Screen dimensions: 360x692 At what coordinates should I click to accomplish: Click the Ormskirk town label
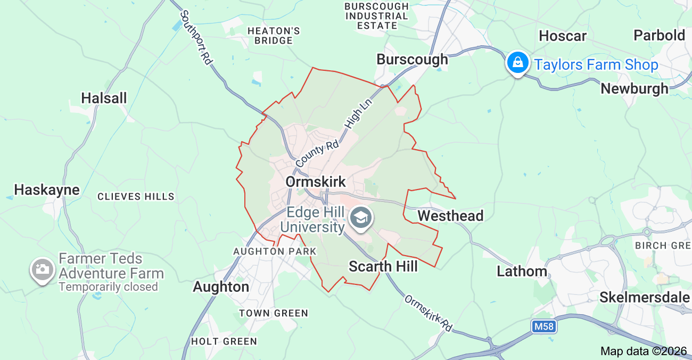pyautogui.click(x=316, y=182)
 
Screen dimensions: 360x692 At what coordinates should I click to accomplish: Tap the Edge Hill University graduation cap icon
pyautogui.click(x=362, y=218)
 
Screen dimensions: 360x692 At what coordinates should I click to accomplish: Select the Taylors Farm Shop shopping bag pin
pyautogui.click(x=517, y=63)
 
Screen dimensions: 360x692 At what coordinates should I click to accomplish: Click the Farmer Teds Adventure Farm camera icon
pyautogui.click(x=42, y=269)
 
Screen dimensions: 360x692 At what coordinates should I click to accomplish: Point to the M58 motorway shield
pyautogui.click(x=543, y=326)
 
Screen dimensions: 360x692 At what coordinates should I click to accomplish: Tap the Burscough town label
pyautogui.click(x=412, y=60)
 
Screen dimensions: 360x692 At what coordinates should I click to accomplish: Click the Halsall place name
pyautogui.click(x=104, y=98)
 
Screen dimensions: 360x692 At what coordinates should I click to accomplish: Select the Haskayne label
pyautogui.click(x=47, y=190)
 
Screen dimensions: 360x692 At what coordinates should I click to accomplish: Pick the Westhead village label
pyautogui.click(x=450, y=216)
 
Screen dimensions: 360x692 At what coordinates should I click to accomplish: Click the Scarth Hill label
pyautogui.click(x=383, y=266)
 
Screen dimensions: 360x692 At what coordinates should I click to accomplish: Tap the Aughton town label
pyautogui.click(x=221, y=287)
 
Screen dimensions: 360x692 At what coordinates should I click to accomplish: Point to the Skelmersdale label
pyautogui.click(x=645, y=297)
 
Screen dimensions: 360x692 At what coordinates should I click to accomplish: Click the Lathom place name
pyautogui.click(x=522, y=271)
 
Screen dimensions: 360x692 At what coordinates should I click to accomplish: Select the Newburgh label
pyautogui.click(x=635, y=88)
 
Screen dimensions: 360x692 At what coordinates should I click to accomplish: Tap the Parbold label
pyautogui.click(x=659, y=36)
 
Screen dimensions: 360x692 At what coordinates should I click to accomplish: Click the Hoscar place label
pyautogui.click(x=563, y=36)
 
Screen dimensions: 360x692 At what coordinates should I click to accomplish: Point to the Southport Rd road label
pyautogui.click(x=196, y=37)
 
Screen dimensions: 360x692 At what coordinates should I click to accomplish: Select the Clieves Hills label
pyautogui.click(x=136, y=197)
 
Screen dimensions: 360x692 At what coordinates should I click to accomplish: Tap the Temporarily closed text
pyautogui.click(x=109, y=287)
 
